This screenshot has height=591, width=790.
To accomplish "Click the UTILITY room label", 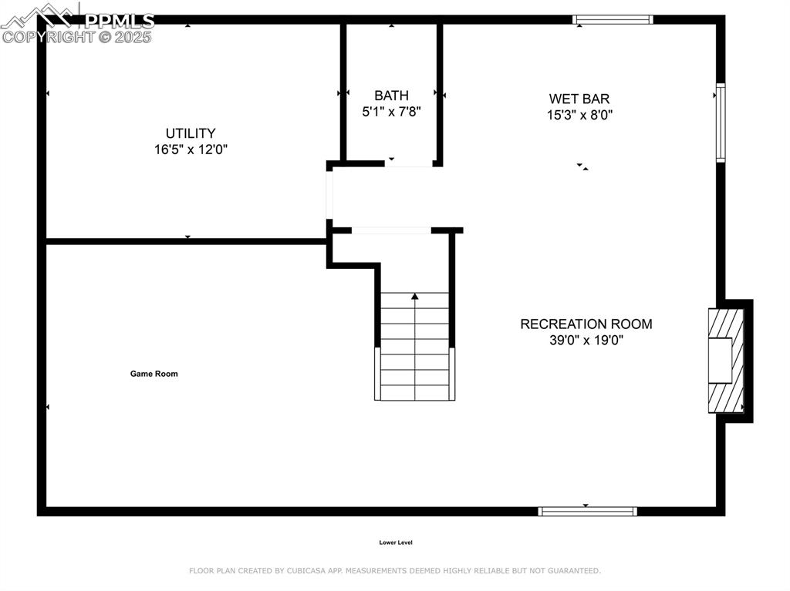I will click(191, 133).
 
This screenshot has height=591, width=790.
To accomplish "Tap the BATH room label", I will click(391, 96).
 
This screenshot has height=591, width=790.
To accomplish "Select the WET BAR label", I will click(579, 99).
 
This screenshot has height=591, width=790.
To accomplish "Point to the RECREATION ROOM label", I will click(586, 324).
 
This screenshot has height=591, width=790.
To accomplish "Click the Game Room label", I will click(154, 374).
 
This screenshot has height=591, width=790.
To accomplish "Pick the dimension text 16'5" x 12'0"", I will click(191, 149).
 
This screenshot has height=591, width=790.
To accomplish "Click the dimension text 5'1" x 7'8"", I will click(391, 112).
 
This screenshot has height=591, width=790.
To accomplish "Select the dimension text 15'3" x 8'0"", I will click(579, 115).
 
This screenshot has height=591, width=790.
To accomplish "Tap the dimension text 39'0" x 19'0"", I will click(586, 340).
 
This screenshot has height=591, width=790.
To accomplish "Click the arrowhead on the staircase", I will click(415, 296).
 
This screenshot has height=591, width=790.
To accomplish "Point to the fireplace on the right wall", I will click(727, 360).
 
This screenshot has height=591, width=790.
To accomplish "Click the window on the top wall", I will click(613, 19).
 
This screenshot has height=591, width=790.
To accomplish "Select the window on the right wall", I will click(721, 123).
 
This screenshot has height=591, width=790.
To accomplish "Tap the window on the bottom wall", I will click(587, 511).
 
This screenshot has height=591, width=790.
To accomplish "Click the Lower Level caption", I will click(396, 542).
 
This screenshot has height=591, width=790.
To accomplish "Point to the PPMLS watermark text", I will click(120, 21).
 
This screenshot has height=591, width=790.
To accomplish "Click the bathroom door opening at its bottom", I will click(409, 165).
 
